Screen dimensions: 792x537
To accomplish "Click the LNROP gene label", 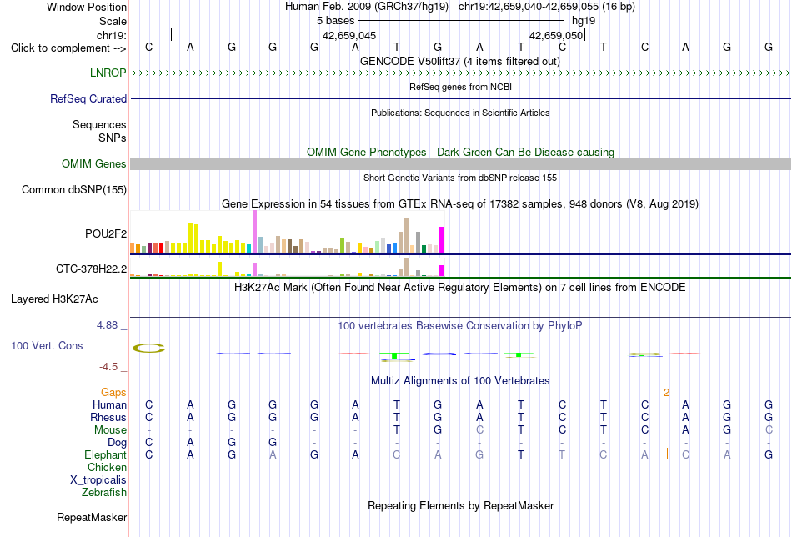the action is click(x=108, y=73).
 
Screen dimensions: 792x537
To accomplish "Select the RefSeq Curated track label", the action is click(x=88, y=98).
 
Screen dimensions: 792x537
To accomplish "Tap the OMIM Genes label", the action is click(x=94, y=163).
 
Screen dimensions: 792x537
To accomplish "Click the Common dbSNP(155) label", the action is click(x=74, y=189).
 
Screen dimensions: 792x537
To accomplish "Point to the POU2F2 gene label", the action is click(x=106, y=233).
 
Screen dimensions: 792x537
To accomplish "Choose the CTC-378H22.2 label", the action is click(x=92, y=268).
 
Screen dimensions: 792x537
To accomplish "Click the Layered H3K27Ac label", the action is click(x=54, y=299).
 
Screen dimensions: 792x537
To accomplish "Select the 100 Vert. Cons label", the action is click(x=47, y=345).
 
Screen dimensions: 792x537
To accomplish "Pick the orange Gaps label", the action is click(x=113, y=392).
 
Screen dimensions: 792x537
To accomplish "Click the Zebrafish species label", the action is click(x=104, y=492).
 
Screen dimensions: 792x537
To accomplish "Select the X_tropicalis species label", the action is click(x=98, y=480).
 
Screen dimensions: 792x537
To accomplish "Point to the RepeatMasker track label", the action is click(x=92, y=517).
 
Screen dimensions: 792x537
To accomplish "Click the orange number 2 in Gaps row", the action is click(x=667, y=393).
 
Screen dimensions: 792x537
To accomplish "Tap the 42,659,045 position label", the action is click(x=349, y=35).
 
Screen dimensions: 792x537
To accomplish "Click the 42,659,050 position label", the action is click(x=556, y=35).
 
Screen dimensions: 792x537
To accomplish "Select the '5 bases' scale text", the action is click(x=335, y=21).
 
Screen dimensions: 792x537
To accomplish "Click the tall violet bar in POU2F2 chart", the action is click(x=254, y=231).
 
